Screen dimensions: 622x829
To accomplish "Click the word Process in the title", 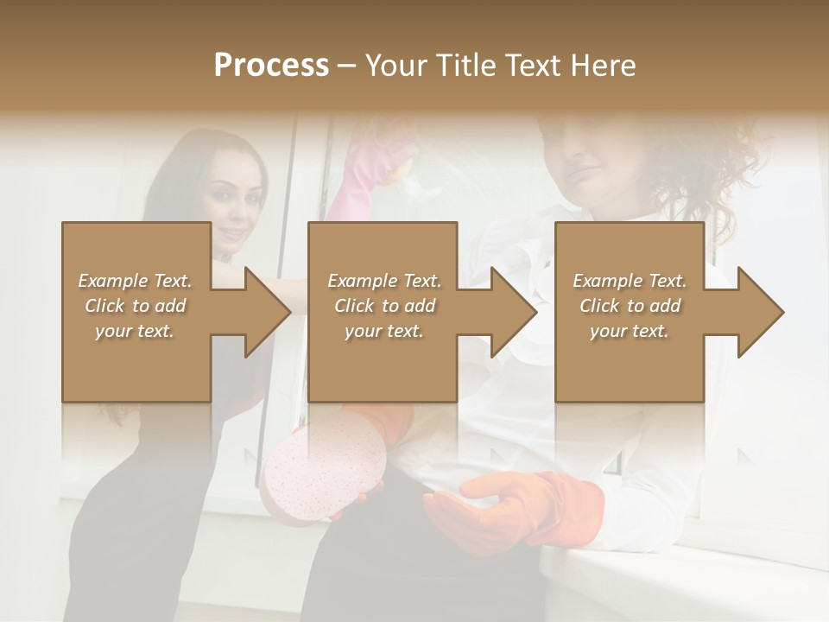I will pos(271,66).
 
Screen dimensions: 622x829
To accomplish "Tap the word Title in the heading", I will pos(466,66).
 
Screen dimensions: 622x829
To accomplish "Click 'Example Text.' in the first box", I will pos(136,281).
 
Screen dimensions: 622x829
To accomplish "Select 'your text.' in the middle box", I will pos(383,331).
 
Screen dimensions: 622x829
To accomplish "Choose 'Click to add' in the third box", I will pos(630,306).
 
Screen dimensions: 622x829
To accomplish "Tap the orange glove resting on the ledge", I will pos(518,510).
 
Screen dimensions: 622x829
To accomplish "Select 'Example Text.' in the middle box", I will pos(383,281).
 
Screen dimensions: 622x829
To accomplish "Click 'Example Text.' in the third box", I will pos(630,281).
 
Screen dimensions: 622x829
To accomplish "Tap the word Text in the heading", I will pos(528,66).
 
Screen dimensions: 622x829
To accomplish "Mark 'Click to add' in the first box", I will pos(136,306).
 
